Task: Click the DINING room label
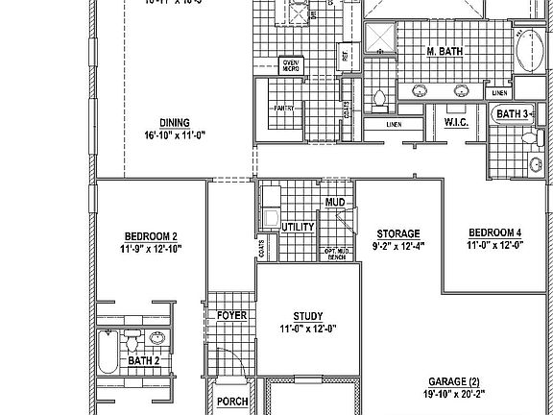(x=175, y=123)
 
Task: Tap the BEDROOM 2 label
(x=151, y=236)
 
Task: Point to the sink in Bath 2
(x=156, y=339)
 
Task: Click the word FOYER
(x=231, y=315)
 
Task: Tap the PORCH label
(x=231, y=402)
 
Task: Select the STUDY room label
(x=307, y=316)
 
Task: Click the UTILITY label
(x=298, y=227)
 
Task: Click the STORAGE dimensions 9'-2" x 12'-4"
(x=397, y=245)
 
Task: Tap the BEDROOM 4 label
(x=494, y=233)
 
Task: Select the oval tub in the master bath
(x=529, y=50)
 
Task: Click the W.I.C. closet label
(x=455, y=123)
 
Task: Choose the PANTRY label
(x=283, y=109)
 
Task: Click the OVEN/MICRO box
(x=289, y=66)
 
